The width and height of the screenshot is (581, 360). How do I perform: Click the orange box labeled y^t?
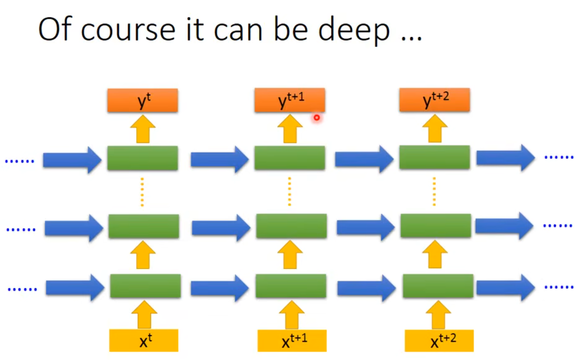point(143,100)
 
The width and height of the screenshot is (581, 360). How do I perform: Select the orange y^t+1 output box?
point(290,100)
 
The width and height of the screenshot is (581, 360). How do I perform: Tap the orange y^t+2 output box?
point(434,100)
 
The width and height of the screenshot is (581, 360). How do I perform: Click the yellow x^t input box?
point(144,340)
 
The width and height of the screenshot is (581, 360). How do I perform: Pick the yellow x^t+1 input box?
point(292,341)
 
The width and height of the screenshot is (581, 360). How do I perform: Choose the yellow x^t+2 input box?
point(439,341)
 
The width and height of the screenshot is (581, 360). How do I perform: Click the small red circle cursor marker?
point(316,118)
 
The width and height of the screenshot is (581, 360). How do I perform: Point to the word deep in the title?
point(354,30)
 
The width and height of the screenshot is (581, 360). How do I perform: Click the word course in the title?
point(128,30)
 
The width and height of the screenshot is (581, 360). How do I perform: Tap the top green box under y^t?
point(143,158)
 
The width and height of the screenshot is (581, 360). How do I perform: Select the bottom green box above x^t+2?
point(438,286)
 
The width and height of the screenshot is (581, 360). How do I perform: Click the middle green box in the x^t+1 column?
point(291,226)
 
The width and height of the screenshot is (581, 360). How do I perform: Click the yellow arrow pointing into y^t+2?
point(435,129)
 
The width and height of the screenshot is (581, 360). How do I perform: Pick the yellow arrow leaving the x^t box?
point(144,315)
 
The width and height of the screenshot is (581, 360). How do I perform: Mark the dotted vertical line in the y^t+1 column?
point(290,191)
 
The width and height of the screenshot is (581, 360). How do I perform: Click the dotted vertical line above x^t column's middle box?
point(142,192)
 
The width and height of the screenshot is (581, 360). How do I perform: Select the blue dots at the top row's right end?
point(559,157)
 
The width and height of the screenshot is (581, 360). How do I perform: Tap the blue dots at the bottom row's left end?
point(22,289)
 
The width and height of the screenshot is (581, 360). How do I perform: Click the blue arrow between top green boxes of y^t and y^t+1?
point(219,159)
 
